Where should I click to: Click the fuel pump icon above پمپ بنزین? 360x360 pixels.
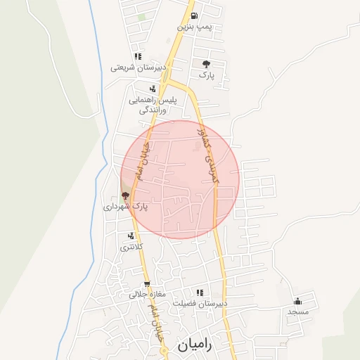tap(193, 15)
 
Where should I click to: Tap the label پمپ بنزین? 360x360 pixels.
tap(193, 27)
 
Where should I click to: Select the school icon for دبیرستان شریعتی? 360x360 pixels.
tap(138, 56)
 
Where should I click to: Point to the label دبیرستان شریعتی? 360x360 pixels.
tap(139, 68)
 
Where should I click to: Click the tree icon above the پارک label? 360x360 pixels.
tap(205, 63)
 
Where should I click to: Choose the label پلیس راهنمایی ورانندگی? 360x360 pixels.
tap(153, 105)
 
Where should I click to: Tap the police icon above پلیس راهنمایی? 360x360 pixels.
tap(153, 89)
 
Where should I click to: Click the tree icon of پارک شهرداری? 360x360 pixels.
tap(125, 195)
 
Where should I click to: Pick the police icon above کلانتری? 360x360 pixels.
tap(131, 236)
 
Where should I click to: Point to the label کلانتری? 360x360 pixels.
tap(131, 247)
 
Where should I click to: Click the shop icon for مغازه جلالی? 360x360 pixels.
tap(147, 285)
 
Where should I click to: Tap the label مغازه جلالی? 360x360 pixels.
tap(147, 295)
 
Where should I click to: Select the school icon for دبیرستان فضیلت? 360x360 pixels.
tap(200, 292)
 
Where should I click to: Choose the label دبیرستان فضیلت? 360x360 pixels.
tap(200, 303)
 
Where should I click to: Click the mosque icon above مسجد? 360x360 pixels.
tap(298, 300)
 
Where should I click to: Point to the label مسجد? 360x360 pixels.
tap(298, 311)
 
